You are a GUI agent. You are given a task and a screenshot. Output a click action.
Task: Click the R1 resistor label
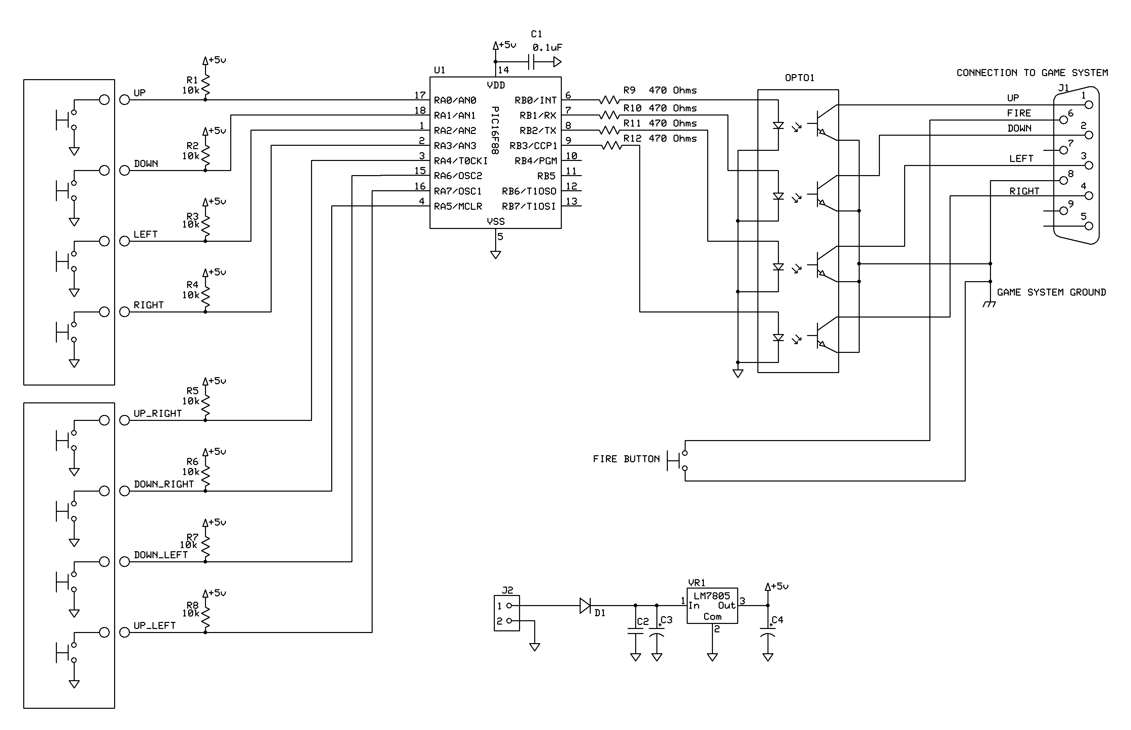coord(192,80)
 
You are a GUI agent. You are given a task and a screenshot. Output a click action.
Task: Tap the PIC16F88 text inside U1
coord(495,130)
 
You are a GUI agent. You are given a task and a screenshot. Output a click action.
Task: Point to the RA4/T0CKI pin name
coord(460,161)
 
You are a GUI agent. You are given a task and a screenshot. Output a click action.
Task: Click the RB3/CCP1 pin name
coord(534,145)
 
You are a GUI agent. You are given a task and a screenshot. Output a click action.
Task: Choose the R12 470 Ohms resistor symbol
coord(611,145)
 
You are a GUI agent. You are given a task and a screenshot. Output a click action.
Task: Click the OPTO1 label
coord(799,78)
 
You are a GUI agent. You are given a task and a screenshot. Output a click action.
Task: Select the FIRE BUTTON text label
coord(626,459)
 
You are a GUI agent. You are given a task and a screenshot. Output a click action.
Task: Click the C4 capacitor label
coord(777,620)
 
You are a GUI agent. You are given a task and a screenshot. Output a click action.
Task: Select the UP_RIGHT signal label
coord(157,413)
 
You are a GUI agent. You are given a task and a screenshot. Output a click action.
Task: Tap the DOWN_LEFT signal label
coord(161,555)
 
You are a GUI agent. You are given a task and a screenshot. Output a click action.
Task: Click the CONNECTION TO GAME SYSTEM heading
coord(1032,72)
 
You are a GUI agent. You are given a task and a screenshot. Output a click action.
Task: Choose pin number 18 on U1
coord(420,110)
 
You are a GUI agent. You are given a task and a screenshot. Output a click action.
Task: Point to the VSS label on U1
coord(495,221)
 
